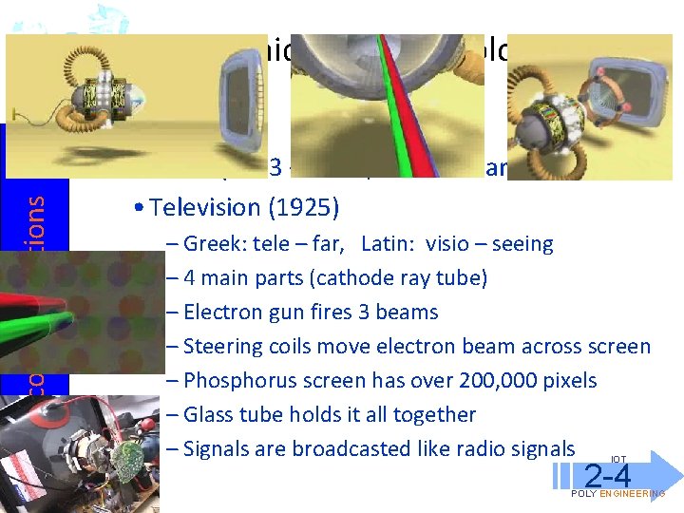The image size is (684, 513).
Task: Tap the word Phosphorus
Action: (237, 381)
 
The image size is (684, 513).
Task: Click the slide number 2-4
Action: (608, 476)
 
